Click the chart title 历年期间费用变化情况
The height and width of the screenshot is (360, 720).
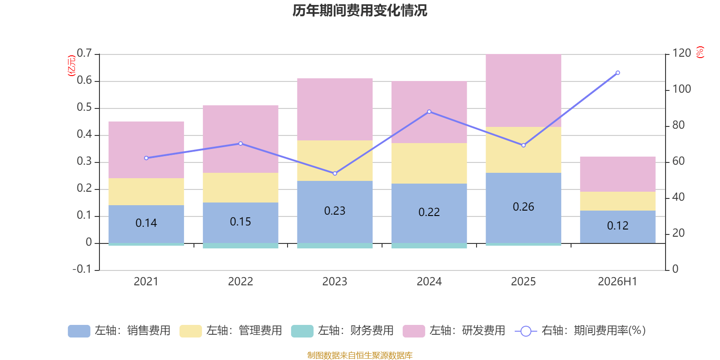point(360,11)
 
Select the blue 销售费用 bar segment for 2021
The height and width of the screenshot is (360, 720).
point(146,224)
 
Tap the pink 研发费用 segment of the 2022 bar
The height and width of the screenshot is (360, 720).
point(240,139)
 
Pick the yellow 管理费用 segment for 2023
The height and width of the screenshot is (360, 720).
point(335,160)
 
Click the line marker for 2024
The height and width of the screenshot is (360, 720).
point(429,112)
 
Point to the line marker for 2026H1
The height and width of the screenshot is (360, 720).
point(618,73)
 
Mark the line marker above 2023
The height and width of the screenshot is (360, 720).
point(335,174)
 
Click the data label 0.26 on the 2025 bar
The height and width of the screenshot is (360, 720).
point(523,207)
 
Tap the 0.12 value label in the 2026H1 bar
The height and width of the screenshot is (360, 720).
point(617,225)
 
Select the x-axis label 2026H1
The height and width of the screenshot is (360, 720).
point(617,282)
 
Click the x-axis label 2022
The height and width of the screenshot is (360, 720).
point(240,282)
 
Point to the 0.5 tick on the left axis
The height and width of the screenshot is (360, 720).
point(84,108)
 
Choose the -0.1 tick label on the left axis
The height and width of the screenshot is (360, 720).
point(82,269)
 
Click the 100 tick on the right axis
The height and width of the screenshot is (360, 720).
point(682,89)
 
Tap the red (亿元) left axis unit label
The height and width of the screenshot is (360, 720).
point(72,66)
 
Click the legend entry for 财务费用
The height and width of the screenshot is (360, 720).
point(342,331)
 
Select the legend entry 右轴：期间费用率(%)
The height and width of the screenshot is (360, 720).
point(580,331)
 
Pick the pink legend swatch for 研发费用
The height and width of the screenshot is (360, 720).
point(414,331)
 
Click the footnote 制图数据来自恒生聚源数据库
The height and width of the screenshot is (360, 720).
point(360,355)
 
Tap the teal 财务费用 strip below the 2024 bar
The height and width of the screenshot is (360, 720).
point(429,246)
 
